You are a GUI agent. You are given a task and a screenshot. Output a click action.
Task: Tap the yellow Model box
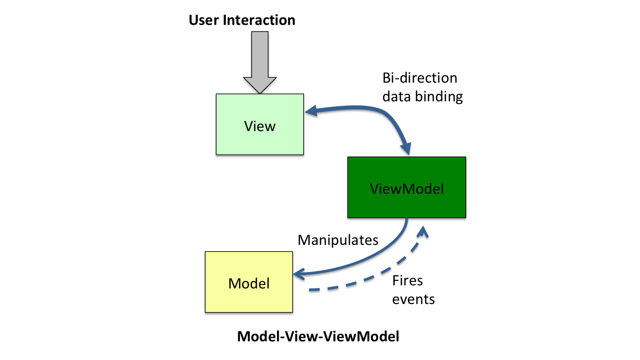point(231,296)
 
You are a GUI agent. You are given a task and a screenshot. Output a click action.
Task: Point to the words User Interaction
point(242,20)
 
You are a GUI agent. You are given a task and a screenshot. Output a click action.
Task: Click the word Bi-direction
point(420,78)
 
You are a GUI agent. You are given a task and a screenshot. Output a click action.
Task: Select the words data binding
point(422,96)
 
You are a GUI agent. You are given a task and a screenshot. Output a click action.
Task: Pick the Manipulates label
point(338,240)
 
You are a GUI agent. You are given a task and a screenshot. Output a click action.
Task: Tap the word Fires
point(408,281)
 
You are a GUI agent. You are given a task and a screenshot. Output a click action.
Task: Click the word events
point(413,299)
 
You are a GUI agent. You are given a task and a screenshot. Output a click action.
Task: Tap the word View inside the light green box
point(260,126)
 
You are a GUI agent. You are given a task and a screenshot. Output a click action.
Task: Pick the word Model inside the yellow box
point(249,283)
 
